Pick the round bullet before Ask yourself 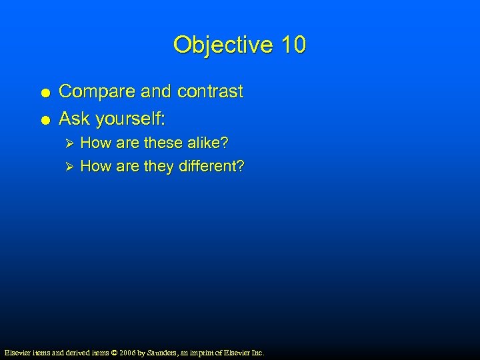[43, 120]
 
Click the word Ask [75, 119]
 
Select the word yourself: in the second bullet [131, 119]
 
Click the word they [159, 166]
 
